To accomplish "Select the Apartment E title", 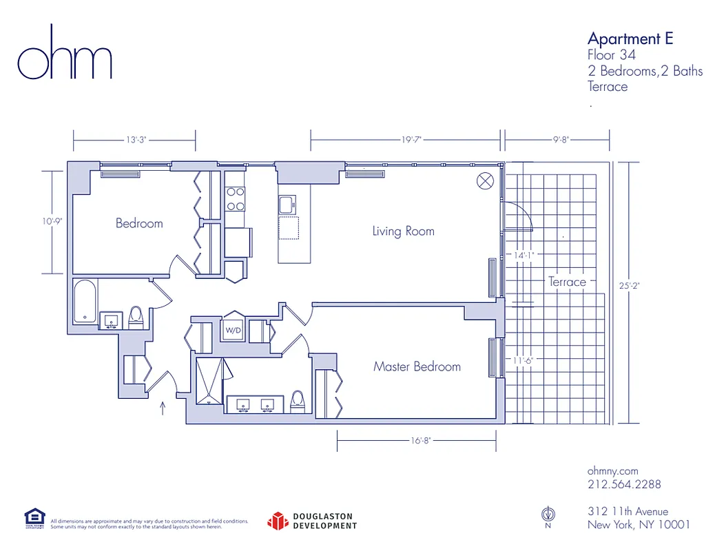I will coord(630,38).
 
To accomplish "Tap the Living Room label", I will coord(403,231).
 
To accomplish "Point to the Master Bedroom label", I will coord(417,366).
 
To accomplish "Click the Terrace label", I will coord(567,282).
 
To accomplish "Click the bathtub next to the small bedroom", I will coord(85,301).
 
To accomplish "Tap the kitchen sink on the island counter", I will coord(287,205).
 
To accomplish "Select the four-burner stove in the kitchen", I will coord(235,198).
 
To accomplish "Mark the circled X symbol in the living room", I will coord(485,181).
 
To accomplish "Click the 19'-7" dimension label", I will coord(411,139).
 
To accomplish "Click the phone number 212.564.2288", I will coord(623,484).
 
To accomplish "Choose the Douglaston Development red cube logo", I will coord(277,521).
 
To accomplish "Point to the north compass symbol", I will coord(548,514).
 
